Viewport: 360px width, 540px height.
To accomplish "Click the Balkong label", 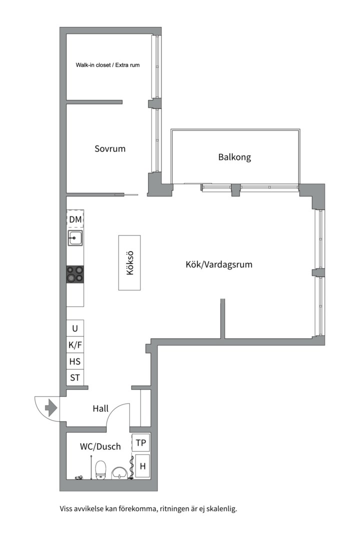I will pyautogui.click(x=234, y=157).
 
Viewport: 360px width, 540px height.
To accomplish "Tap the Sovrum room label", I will pyautogui.click(x=110, y=148).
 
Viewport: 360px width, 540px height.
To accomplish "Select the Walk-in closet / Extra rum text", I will pyautogui.click(x=107, y=65).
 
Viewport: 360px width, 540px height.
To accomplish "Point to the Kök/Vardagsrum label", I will pyautogui.click(x=219, y=264).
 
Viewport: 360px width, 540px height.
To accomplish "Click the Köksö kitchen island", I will pyautogui.click(x=129, y=262).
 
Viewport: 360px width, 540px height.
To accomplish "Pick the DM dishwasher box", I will pyautogui.click(x=75, y=219).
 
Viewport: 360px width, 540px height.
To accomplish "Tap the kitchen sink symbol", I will pyautogui.click(x=75, y=238).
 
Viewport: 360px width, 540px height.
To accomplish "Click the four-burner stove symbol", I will pyautogui.click(x=75, y=274).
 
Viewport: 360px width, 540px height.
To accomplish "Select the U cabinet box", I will pyautogui.click(x=75, y=328).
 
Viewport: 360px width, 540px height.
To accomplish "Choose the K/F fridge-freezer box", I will pyautogui.click(x=75, y=344).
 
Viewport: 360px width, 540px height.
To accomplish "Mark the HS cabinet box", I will pyautogui.click(x=75, y=361).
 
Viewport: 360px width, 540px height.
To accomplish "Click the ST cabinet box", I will pyautogui.click(x=75, y=377).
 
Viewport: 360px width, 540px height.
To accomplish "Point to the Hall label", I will pyautogui.click(x=100, y=408).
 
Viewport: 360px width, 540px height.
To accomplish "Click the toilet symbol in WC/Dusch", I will pyautogui.click(x=100, y=469).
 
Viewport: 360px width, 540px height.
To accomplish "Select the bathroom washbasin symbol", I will pyautogui.click(x=119, y=472).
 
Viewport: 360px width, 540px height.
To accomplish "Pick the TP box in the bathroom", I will pyautogui.click(x=141, y=442).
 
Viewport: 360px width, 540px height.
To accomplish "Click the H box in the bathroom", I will pyautogui.click(x=142, y=466).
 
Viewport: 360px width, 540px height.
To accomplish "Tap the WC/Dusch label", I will pyautogui.click(x=100, y=446).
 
